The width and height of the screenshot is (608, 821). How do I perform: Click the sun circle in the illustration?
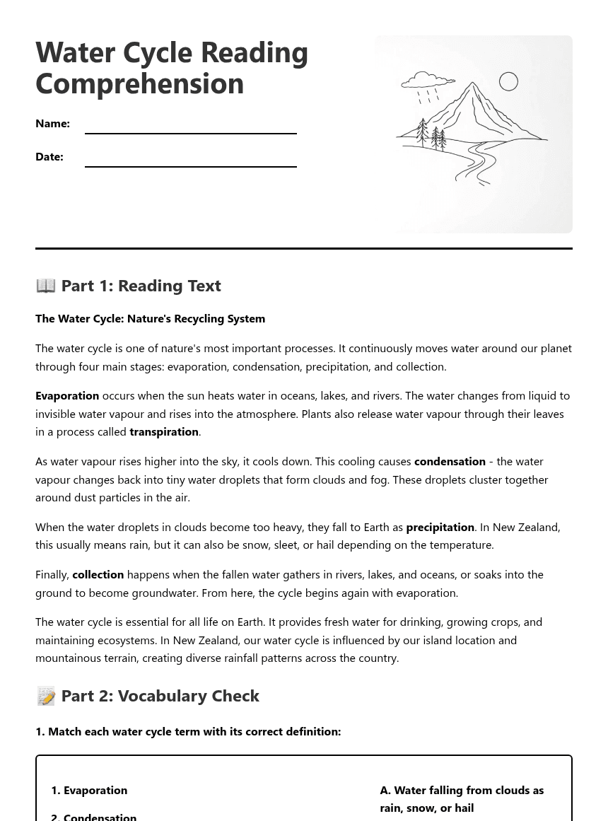(508, 81)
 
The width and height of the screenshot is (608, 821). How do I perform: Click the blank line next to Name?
(191, 127)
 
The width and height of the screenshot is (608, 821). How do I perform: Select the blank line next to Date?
(191, 161)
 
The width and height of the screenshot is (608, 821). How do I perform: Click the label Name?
(52, 123)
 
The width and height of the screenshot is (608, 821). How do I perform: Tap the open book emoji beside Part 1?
(46, 285)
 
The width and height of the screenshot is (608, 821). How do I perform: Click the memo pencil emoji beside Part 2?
(46, 696)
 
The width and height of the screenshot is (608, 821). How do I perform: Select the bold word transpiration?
(164, 431)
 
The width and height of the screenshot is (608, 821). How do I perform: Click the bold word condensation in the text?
(450, 461)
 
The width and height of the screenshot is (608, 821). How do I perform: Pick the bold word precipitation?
(440, 527)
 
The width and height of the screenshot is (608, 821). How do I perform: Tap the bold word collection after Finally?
(98, 574)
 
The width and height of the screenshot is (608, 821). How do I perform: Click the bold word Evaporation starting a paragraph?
(67, 395)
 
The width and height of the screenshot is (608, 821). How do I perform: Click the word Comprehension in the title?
(139, 83)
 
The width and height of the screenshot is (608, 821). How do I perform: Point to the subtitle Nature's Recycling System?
(196, 318)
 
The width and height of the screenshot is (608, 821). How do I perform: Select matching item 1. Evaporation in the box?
(89, 790)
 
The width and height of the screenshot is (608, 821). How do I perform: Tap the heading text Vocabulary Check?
(188, 696)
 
